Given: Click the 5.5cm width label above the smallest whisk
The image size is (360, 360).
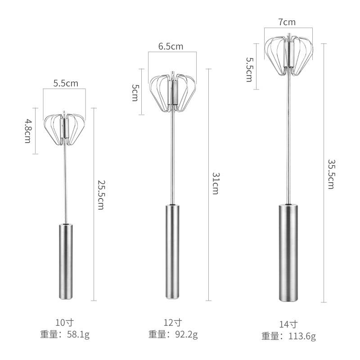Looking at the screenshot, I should tap(66, 83).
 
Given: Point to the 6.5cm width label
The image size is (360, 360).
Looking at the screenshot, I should tap(171, 46).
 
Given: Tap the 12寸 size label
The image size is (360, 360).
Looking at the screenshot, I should tap(173, 322).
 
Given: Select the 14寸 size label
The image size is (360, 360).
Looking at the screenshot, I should tap(288, 324).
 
